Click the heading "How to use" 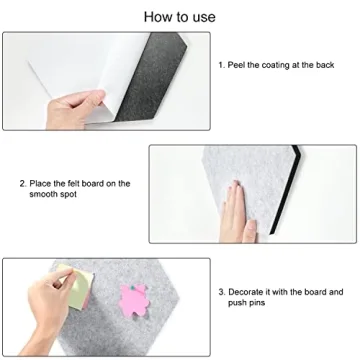tap(180, 17)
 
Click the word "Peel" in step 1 tap(236, 65)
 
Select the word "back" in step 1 tap(325, 65)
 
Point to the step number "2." tap(23, 183)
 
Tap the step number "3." tap(222, 292)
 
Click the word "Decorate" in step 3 tap(246, 292)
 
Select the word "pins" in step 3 tap(257, 303)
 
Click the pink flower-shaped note tap(134, 300)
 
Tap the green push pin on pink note tap(132, 286)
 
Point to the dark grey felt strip tap(150, 77)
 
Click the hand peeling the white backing tap(75, 109)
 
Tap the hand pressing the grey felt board tap(237, 213)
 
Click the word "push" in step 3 tap(237, 303)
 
